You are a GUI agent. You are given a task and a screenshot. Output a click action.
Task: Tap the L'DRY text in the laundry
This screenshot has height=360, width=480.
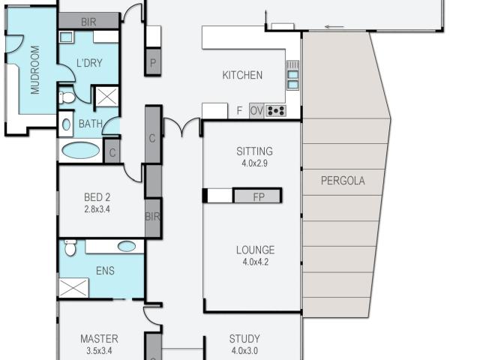point(88,64)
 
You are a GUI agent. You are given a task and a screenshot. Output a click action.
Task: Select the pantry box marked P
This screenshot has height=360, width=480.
point(153,64)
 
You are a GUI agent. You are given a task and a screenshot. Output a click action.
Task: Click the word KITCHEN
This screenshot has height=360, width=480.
point(242,75)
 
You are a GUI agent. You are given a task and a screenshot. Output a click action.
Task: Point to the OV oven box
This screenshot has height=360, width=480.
point(256,111)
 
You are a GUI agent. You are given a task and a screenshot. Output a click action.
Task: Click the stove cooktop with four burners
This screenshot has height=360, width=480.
point(276,111)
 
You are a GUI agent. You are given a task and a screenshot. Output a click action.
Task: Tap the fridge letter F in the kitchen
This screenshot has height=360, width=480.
point(239,111)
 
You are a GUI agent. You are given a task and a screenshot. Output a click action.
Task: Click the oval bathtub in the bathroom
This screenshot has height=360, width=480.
point(79,150)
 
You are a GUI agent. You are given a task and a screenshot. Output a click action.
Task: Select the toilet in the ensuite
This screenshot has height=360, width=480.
point(70,247)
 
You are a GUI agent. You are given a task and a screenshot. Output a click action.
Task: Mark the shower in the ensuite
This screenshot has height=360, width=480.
point(74,288)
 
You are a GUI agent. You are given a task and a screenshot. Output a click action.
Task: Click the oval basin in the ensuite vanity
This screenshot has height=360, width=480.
point(127,246)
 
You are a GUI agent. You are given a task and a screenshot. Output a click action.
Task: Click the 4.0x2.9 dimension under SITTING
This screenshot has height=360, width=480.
point(254,163)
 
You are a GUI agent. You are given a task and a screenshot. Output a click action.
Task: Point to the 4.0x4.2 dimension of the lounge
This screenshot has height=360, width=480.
point(254,262)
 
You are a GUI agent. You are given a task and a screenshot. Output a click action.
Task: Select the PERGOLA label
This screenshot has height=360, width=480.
point(342,180)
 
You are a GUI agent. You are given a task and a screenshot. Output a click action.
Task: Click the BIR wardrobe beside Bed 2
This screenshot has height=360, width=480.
point(153,217)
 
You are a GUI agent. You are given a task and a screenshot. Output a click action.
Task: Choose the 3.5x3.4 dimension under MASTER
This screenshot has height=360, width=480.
point(99,350)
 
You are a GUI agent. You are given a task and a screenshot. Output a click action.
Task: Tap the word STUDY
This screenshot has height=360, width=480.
point(244,339)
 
